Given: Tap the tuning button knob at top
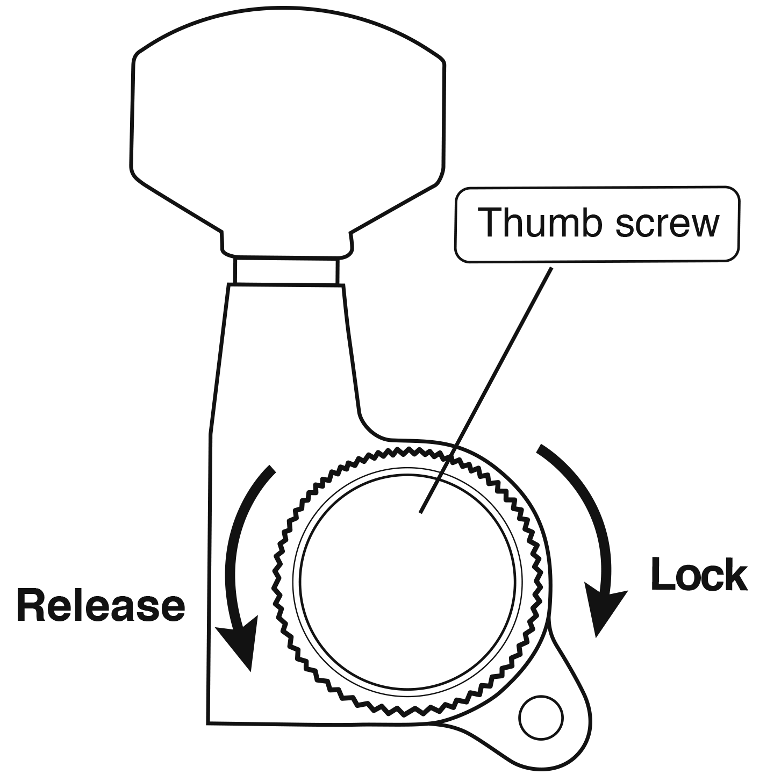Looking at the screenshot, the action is pyautogui.click(x=288, y=131).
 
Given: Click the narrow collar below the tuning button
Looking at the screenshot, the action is pyautogui.click(x=286, y=270).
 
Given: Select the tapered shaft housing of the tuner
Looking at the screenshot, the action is pyautogui.click(x=284, y=362).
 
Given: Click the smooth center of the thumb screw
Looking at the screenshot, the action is pyautogui.click(x=407, y=582).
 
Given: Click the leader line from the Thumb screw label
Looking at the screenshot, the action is pyautogui.click(x=486, y=390).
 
